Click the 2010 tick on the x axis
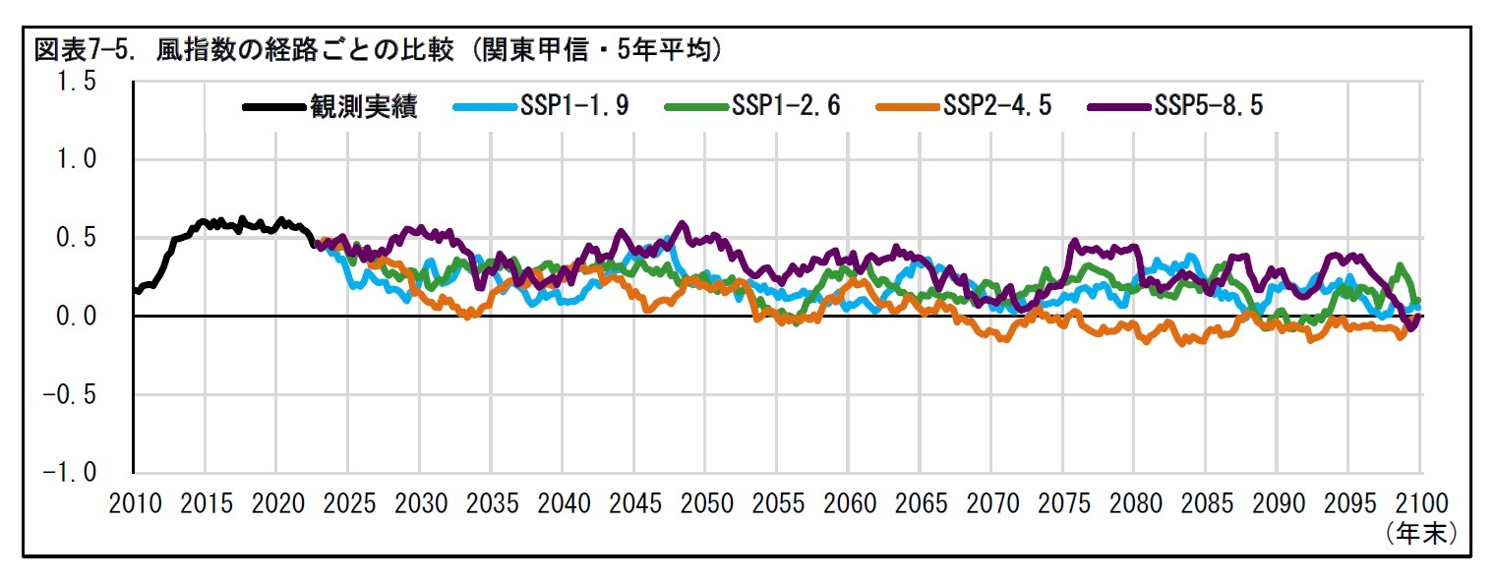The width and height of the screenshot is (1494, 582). click(x=134, y=503)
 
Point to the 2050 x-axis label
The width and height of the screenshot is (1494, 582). click(x=706, y=503)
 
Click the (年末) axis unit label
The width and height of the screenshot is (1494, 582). click(x=1420, y=532)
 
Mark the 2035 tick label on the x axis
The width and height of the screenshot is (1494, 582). click(x=492, y=503)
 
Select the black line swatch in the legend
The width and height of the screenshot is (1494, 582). click(x=274, y=106)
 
